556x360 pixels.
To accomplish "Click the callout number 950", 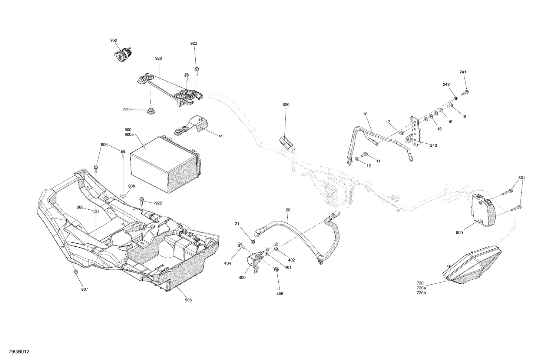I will (x=113, y=40).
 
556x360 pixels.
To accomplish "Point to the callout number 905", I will (x=188, y=300).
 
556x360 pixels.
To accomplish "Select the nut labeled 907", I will (x=76, y=272).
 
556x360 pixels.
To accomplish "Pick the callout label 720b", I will (x=421, y=293).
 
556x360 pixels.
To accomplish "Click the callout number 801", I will (x=522, y=178).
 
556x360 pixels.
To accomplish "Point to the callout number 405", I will (x=279, y=294).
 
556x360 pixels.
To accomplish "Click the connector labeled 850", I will (x=285, y=142).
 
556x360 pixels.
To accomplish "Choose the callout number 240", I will (x=433, y=146).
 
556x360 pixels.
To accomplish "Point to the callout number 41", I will (x=221, y=136).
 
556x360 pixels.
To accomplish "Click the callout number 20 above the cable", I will (x=288, y=210).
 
